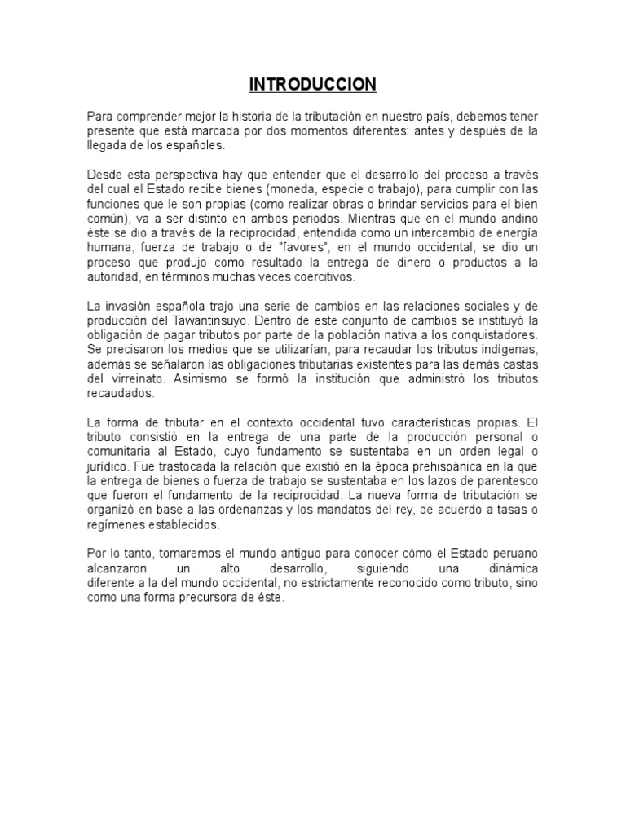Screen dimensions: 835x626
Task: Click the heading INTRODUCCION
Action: (x=312, y=84)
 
